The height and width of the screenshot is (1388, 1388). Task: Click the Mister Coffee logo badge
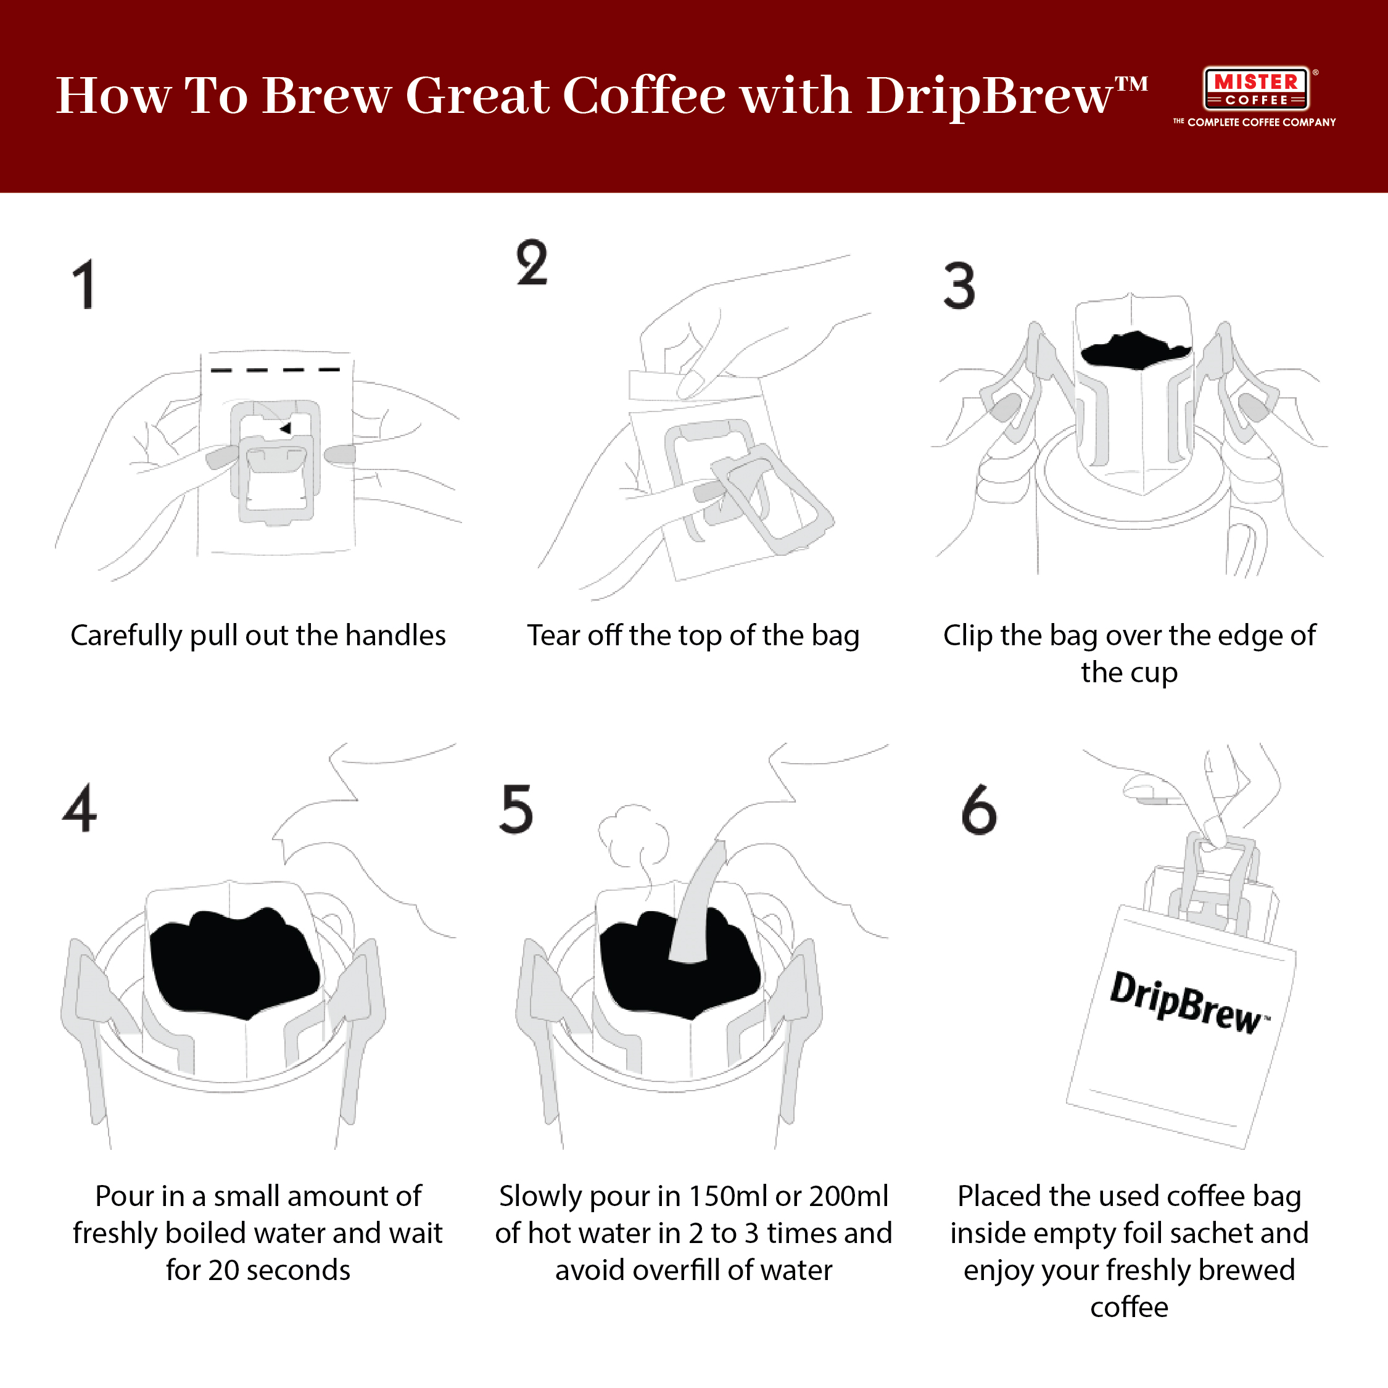(1256, 89)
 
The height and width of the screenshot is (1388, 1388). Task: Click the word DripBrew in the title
(988, 96)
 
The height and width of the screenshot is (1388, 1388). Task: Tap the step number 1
(85, 284)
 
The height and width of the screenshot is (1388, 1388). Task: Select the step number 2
(532, 263)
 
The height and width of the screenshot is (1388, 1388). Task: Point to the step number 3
(960, 286)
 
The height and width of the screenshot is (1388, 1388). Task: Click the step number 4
(80, 808)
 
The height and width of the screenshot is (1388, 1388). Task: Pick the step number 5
(516, 809)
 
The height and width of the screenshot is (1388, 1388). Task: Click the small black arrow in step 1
(286, 429)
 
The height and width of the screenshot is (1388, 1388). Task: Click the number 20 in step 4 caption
(223, 1270)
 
